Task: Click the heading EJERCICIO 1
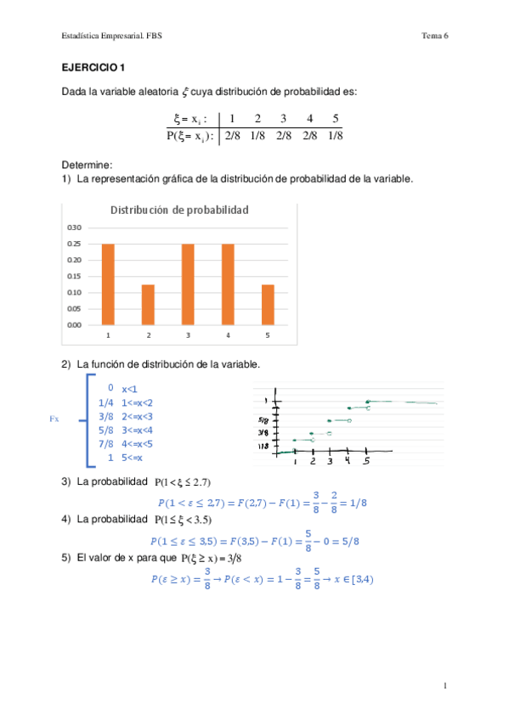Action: (93, 66)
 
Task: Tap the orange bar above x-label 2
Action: (148, 304)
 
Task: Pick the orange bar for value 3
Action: (188, 284)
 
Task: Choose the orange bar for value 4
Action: (228, 284)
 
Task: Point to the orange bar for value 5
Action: (268, 304)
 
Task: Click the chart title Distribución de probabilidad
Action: (178, 210)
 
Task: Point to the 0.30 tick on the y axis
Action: (74, 228)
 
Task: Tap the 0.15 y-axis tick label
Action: (74, 277)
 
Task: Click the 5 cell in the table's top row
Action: (335, 119)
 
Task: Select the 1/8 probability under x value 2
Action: (258, 135)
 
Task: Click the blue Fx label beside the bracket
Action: (54, 419)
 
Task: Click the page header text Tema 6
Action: (434, 35)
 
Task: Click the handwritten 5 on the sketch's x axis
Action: (366, 463)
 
